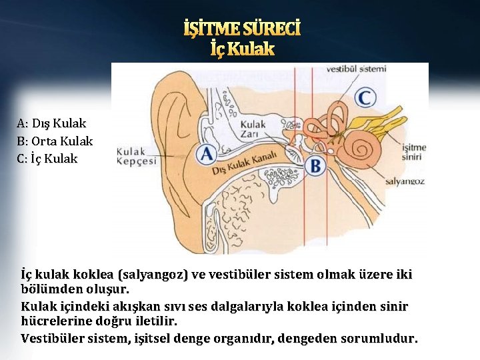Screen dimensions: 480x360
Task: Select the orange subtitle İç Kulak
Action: click(x=242, y=49)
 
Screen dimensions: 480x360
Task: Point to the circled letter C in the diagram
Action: click(x=365, y=97)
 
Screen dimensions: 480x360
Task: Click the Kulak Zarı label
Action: click(x=253, y=129)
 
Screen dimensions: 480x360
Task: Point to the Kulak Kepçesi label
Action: click(x=137, y=155)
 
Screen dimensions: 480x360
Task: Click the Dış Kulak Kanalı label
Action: click(x=244, y=162)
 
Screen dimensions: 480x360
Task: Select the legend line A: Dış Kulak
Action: click(x=52, y=123)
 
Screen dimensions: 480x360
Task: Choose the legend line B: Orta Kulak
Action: click(x=55, y=141)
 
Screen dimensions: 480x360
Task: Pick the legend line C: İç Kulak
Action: click(x=48, y=159)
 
